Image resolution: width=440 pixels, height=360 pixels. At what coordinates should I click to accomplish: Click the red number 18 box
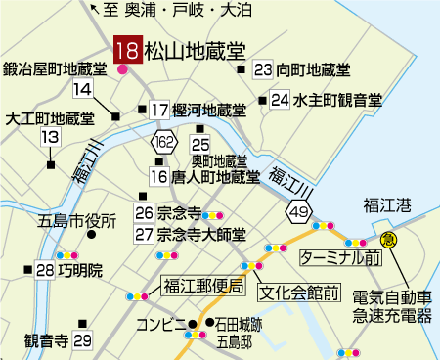pos(127,50)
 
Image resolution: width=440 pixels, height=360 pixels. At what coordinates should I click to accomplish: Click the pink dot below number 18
pos(122,69)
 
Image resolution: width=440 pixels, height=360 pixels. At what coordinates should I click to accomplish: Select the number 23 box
pos(262,69)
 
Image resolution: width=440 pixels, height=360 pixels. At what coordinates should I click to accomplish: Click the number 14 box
pos(82,90)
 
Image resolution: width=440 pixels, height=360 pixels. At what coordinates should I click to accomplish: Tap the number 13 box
pos(49,138)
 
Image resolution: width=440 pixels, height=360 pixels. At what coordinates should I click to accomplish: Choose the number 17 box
pos(159,110)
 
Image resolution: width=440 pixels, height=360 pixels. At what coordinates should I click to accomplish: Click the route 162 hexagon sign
pos(163,143)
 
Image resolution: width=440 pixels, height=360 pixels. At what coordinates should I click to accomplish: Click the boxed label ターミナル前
pos(339,257)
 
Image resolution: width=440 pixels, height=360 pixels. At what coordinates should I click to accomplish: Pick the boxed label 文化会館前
pos(298,292)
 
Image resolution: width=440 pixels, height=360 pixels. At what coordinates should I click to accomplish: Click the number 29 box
pos(82,340)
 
